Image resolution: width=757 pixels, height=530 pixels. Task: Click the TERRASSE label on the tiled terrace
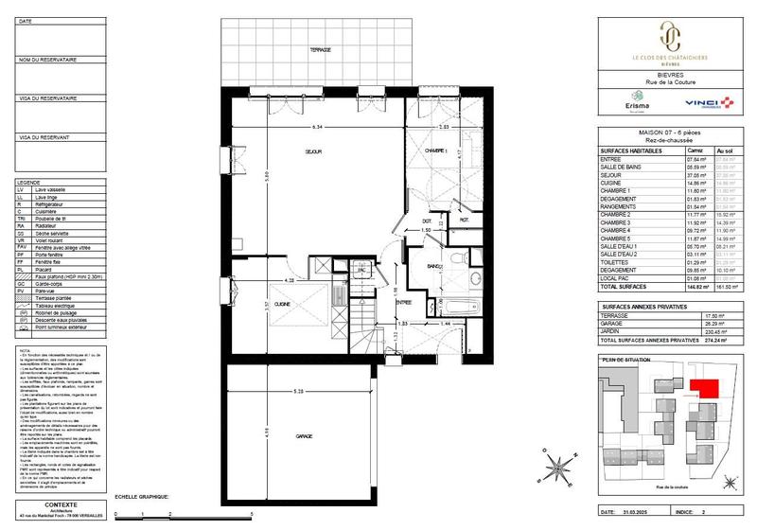319,49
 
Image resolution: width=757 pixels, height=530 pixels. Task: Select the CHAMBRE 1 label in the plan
435,151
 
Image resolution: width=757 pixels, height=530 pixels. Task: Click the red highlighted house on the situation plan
702,388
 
